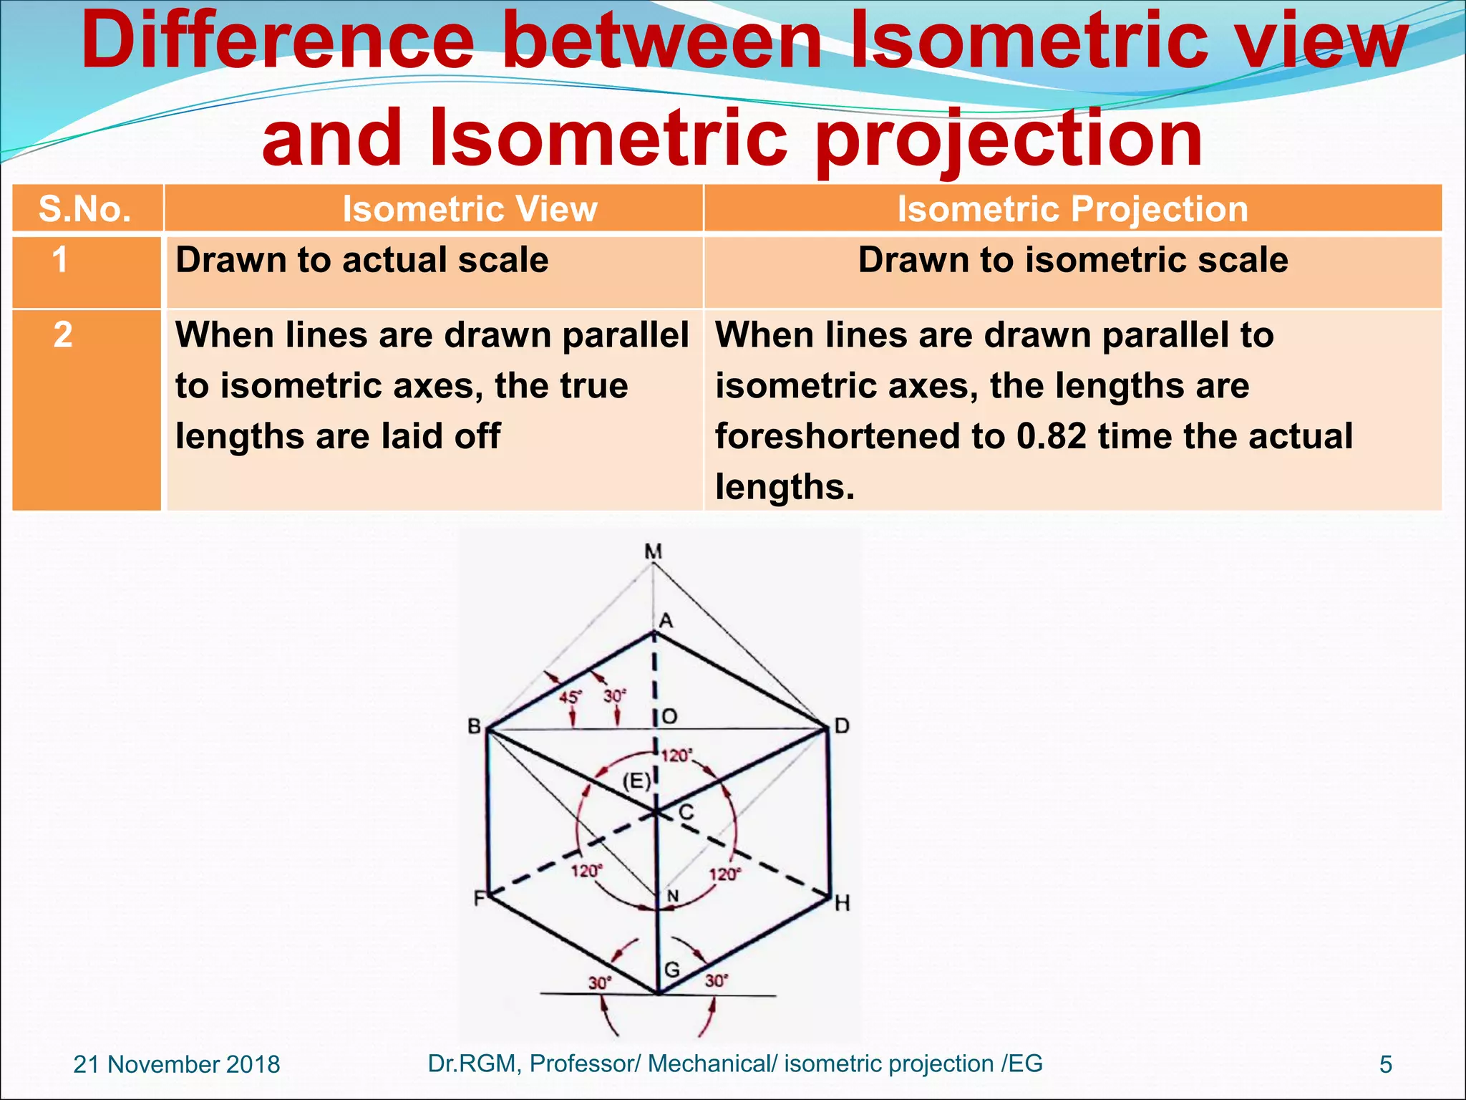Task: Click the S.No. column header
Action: coord(85,209)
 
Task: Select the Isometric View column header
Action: coord(470,209)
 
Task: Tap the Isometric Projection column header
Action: coord(1072,209)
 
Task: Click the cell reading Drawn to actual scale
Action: coord(362,260)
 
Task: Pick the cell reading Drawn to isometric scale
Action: coord(1072,260)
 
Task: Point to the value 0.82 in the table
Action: coord(1052,436)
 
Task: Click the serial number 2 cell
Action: coord(63,335)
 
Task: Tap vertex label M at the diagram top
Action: coord(653,551)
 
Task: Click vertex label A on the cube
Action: coord(666,621)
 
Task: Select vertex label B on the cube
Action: coord(474,726)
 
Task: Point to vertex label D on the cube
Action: coord(842,726)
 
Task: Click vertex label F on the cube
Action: coord(479,898)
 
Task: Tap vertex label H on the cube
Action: coord(843,904)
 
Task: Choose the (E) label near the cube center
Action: coord(636,781)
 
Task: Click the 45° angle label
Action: coord(571,697)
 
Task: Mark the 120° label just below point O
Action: coord(676,756)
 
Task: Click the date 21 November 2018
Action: coord(177,1064)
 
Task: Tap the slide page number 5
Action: coord(1386,1065)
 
